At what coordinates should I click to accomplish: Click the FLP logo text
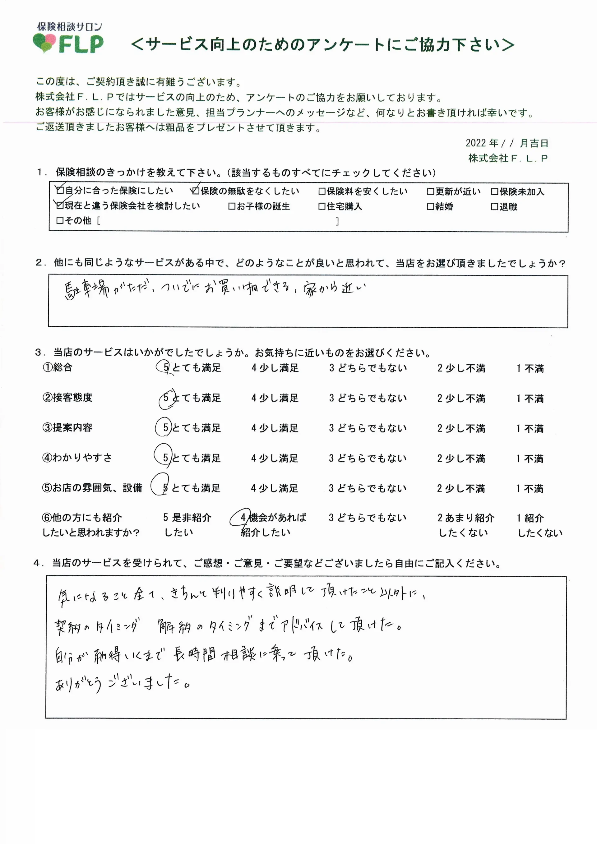81,44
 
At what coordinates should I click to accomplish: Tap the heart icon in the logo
44,43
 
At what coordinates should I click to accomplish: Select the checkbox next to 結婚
430,207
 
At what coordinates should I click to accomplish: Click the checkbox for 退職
494,207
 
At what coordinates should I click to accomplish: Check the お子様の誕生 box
232,207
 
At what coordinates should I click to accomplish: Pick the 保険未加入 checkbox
494,191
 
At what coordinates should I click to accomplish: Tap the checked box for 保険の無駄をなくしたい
196,191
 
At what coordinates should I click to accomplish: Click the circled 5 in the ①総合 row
166,367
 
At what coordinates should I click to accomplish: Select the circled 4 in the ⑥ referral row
243,518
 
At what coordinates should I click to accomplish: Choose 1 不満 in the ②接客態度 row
530,399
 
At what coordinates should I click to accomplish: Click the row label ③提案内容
67,427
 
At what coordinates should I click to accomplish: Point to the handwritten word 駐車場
87,290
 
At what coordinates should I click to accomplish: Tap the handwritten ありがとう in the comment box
78,685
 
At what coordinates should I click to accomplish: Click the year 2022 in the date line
476,143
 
